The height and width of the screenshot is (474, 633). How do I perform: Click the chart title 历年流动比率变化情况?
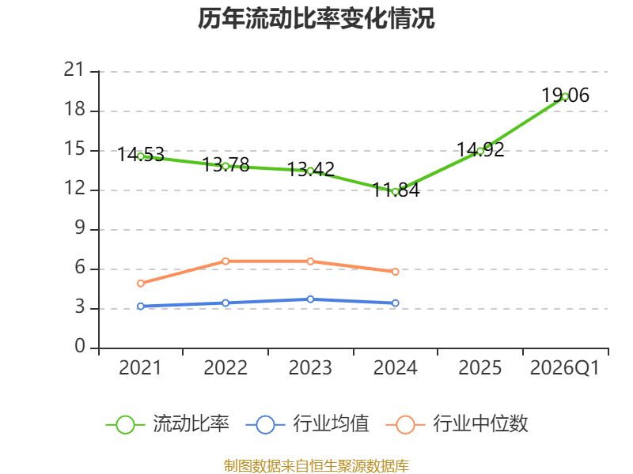(x=316, y=18)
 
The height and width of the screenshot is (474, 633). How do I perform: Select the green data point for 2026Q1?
(x=565, y=96)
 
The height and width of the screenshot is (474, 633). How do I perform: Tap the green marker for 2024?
(x=395, y=192)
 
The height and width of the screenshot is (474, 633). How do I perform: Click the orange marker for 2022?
(x=226, y=261)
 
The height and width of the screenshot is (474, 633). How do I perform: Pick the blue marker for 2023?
(x=310, y=299)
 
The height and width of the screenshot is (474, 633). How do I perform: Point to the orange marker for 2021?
(x=141, y=284)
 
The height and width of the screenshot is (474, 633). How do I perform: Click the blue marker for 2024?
(x=395, y=303)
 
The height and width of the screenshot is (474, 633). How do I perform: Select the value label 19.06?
(x=565, y=96)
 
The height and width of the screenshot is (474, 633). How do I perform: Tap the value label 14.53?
(x=141, y=155)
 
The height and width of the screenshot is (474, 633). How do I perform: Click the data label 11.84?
(x=396, y=190)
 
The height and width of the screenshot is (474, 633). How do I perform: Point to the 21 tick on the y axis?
(x=74, y=70)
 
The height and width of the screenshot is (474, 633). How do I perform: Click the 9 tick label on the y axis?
(x=80, y=228)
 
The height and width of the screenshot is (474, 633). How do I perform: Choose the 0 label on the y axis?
(x=80, y=347)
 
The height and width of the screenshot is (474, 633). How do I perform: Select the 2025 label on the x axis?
(x=480, y=368)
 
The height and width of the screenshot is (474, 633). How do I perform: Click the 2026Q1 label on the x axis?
(x=565, y=368)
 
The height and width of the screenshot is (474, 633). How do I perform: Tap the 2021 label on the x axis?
(x=140, y=368)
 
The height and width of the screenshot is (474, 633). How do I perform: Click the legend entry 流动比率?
(x=167, y=424)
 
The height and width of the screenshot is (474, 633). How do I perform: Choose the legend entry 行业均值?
(x=307, y=424)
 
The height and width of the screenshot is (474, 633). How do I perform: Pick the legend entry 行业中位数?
(x=457, y=424)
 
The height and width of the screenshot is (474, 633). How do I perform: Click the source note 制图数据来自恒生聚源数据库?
(x=316, y=466)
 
